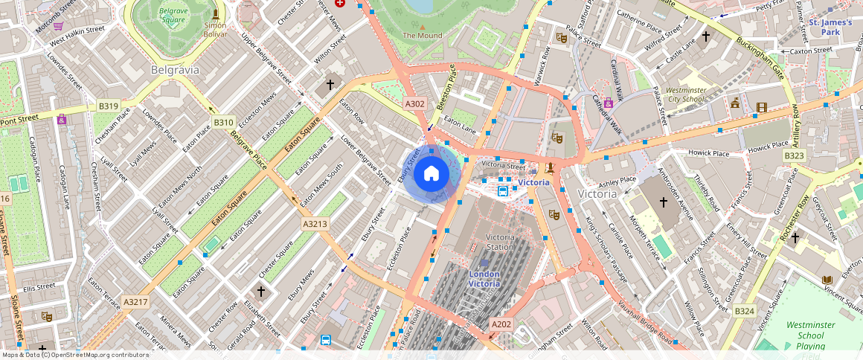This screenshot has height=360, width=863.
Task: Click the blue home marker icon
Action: (x=431, y=174)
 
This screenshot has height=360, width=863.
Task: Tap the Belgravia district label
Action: (x=175, y=70)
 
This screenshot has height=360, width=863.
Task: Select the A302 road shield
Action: (x=414, y=104)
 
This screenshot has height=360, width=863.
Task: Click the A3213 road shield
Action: (x=315, y=223)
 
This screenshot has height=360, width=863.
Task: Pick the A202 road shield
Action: (x=501, y=324)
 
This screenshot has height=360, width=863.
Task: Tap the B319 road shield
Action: (x=108, y=106)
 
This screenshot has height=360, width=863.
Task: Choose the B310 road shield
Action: (x=223, y=122)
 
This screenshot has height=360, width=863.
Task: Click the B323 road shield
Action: (x=794, y=155)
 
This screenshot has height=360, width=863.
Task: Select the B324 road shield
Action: (x=745, y=309)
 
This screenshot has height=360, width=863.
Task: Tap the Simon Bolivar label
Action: (x=215, y=29)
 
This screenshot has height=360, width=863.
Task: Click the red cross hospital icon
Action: (x=341, y=3)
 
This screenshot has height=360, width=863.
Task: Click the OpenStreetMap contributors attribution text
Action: (x=74, y=355)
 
